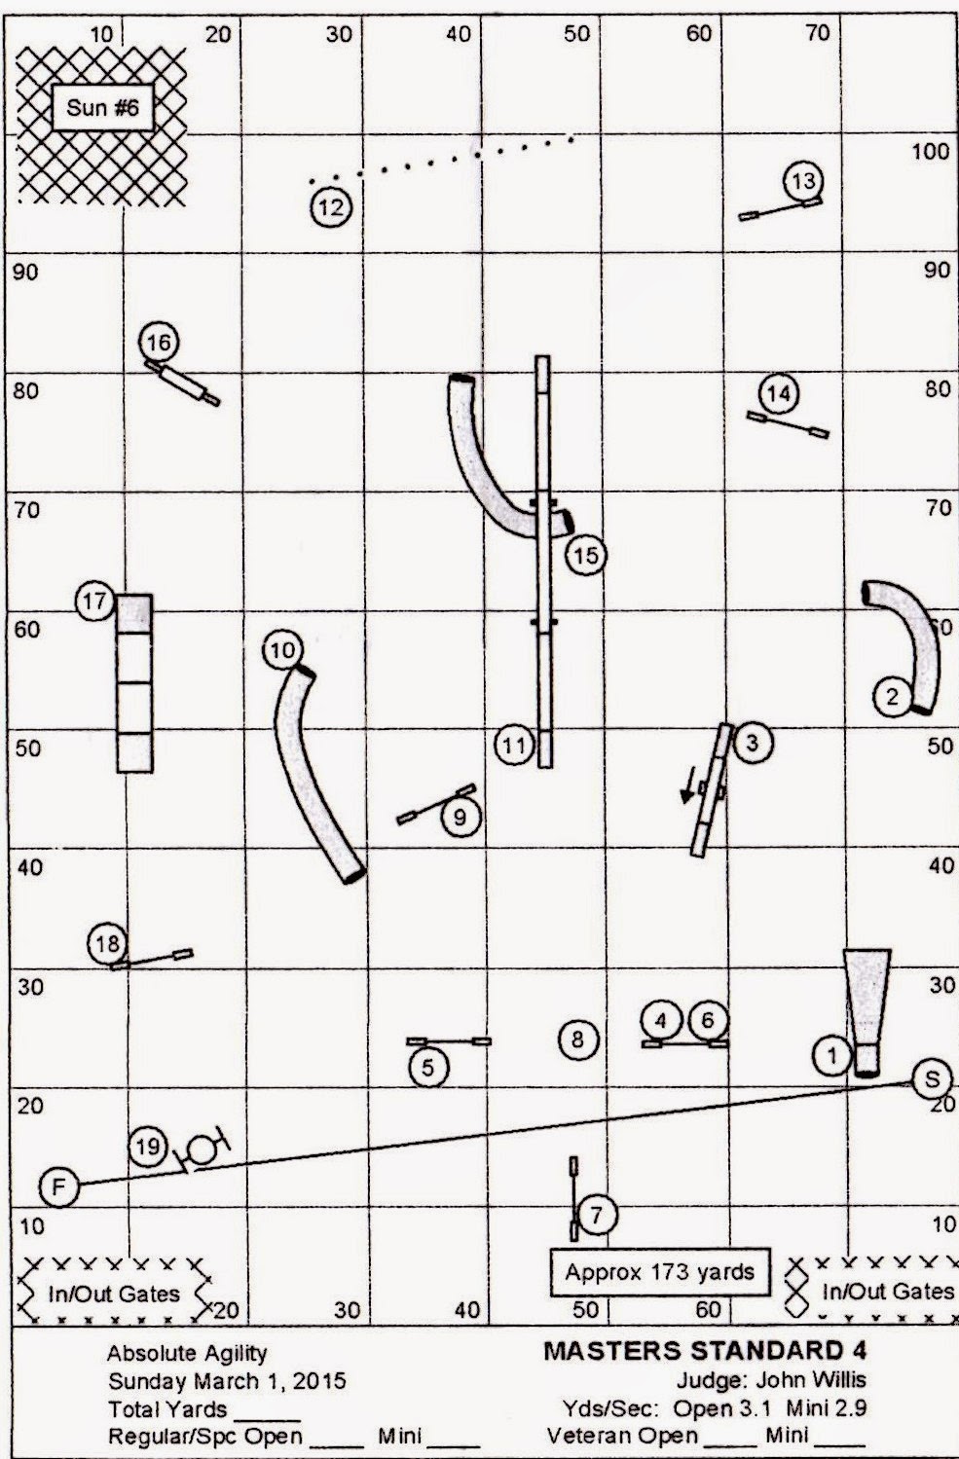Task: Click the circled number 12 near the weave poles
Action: (x=331, y=206)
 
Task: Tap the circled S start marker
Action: (x=933, y=1077)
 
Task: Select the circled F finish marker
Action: (x=59, y=1186)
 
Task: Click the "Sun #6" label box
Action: (x=102, y=107)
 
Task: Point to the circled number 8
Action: (x=577, y=1040)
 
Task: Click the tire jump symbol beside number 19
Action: (x=203, y=1149)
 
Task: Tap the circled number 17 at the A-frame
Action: (x=94, y=602)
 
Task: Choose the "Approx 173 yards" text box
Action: (x=660, y=1272)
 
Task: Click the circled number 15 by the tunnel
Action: (x=585, y=555)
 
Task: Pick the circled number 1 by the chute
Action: (x=832, y=1054)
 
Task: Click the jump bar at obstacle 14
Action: (x=788, y=425)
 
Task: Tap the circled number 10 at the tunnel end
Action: (x=282, y=649)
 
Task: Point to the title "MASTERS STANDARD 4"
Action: (x=705, y=1350)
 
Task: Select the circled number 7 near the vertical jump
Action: (x=597, y=1214)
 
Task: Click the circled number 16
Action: (x=160, y=343)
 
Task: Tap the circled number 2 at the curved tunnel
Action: (x=892, y=696)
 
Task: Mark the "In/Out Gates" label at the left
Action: (x=114, y=1294)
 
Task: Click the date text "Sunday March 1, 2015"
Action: (x=227, y=1380)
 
